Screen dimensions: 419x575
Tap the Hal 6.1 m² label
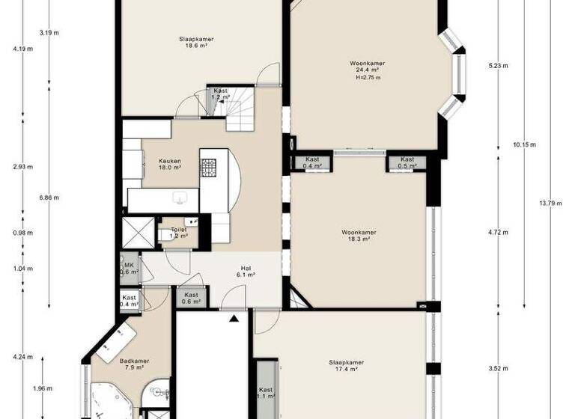[x=245, y=272]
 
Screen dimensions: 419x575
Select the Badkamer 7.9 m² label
[x=134, y=364]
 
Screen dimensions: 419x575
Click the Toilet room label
[x=178, y=233]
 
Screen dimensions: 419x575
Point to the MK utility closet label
[x=129, y=268]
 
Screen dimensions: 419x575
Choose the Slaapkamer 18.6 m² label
[x=192, y=42]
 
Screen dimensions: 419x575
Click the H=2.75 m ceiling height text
[x=368, y=78]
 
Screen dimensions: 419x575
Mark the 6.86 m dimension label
[x=49, y=198]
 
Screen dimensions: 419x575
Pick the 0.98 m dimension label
[x=23, y=233]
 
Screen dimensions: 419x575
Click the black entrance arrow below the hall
[x=234, y=318]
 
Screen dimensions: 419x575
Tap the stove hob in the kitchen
[x=207, y=168]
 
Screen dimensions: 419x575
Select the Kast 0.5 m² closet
[x=407, y=162]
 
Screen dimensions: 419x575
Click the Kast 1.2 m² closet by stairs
[x=220, y=94]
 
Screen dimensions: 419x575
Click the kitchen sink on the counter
[x=180, y=198]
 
